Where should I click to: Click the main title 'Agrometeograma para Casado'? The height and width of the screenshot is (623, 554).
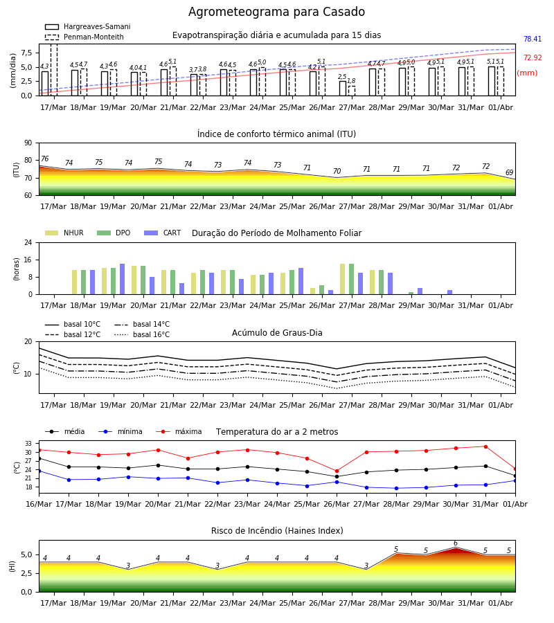(x=276, y=12)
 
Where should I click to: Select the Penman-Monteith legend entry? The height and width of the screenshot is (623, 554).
(x=84, y=37)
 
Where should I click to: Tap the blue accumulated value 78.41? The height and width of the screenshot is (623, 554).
(x=533, y=39)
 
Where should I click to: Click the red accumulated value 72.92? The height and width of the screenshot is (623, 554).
(x=533, y=57)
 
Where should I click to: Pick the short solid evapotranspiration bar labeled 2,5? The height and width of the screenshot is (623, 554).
(x=343, y=88)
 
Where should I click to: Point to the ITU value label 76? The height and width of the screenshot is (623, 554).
(x=45, y=159)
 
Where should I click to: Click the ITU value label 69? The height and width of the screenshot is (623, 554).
(x=509, y=172)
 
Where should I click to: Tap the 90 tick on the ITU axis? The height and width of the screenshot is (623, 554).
(x=28, y=143)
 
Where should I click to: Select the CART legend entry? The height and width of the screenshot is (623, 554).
(x=163, y=233)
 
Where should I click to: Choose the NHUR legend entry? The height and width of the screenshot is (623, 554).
(x=64, y=233)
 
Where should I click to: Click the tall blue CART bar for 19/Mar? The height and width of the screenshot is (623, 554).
(x=122, y=279)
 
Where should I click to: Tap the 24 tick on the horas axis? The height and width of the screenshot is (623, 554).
(x=28, y=242)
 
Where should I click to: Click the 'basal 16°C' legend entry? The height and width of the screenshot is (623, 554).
(x=142, y=334)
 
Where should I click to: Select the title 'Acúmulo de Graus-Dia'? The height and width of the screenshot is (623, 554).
(x=277, y=333)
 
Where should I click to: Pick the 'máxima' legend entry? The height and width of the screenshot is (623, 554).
(x=179, y=431)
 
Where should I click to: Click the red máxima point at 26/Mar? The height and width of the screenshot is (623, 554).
(x=337, y=471)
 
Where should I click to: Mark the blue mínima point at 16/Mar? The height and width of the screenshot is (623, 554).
(x=39, y=471)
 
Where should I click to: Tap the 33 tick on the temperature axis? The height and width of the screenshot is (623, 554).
(x=28, y=444)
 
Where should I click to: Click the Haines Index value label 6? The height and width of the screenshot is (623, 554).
(x=456, y=543)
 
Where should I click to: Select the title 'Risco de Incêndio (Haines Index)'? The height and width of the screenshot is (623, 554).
(x=277, y=531)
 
